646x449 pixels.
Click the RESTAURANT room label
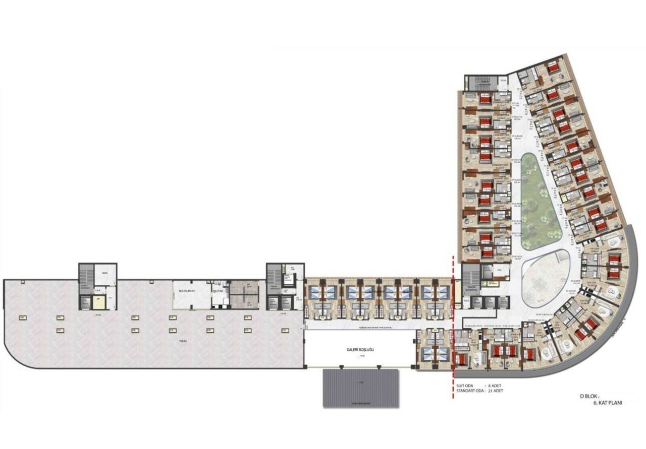coord(187,291)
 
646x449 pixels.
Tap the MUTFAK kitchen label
coord(219,291)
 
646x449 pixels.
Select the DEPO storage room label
coord(105,273)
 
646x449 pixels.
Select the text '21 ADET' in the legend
coord(498,391)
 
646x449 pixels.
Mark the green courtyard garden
coord(540,202)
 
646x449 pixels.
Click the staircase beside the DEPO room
coord(85,275)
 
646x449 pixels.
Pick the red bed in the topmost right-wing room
coord(553,67)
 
